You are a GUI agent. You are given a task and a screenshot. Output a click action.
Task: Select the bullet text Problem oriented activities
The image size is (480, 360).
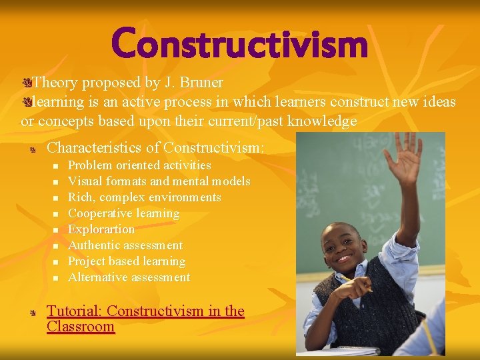click(139, 165)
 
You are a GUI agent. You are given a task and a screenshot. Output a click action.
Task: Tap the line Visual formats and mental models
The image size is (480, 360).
click(159, 181)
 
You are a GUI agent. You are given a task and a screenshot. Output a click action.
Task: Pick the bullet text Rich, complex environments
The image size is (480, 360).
click(145, 197)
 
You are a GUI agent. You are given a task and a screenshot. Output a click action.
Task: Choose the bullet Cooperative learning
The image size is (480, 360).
click(124, 213)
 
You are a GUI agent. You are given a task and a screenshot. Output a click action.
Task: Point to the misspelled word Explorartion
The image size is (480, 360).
click(101, 229)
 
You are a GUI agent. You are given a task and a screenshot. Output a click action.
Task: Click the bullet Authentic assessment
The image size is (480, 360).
click(125, 245)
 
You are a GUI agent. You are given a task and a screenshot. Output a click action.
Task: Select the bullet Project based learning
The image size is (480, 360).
click(127, 261)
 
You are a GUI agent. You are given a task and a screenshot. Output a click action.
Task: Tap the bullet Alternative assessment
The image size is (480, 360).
click(129, 277)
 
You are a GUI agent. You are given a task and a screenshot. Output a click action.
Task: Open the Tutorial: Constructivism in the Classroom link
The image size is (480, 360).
click(145, 318)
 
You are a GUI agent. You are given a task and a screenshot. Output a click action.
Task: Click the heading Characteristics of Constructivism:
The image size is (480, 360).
click(156, 147)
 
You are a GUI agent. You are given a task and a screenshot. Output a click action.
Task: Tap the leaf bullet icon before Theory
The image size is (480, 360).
click(26, 83)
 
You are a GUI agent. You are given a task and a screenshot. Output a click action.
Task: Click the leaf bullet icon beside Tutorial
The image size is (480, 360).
click(31, 312)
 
